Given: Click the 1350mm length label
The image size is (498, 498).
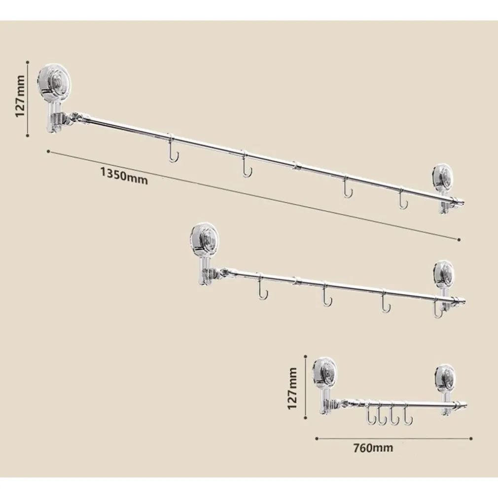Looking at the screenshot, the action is [124, 176].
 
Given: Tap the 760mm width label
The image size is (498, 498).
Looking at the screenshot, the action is [373, 448].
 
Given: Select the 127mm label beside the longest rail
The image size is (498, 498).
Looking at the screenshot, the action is [20, 96].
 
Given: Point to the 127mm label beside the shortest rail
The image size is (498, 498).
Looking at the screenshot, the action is [292, 389].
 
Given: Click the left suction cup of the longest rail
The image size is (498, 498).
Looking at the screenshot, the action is [54, 82].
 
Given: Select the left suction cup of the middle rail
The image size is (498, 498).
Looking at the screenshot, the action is [204, 239].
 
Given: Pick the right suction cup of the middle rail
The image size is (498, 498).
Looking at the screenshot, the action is [444, 274].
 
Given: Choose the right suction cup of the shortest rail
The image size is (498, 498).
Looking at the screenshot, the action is [445, 378].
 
